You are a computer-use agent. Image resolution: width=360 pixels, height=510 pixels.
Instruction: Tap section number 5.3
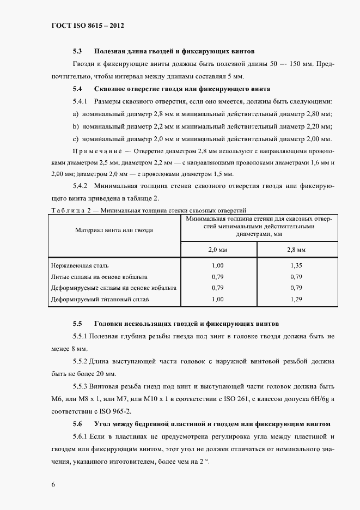[77, 52]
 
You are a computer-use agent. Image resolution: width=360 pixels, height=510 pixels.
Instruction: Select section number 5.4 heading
[77, 88]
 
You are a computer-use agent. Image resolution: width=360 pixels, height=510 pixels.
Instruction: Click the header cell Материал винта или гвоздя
[114, 230]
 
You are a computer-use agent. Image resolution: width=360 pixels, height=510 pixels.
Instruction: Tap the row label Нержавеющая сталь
[80, 266]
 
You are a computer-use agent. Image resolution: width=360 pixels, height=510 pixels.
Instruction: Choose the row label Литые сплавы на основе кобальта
[99, 277]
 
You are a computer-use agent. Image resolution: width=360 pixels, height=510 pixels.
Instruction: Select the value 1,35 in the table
[297, 266]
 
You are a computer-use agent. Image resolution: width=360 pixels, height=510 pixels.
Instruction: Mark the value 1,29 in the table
[297, 300]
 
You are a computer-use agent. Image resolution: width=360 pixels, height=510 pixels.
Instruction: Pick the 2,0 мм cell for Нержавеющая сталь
[218, 266]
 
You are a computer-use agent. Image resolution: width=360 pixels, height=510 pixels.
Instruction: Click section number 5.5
[77, 324]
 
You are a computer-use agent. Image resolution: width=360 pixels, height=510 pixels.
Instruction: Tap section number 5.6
[77, 423]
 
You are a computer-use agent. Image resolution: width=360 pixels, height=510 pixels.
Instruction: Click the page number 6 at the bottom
[53, 484]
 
